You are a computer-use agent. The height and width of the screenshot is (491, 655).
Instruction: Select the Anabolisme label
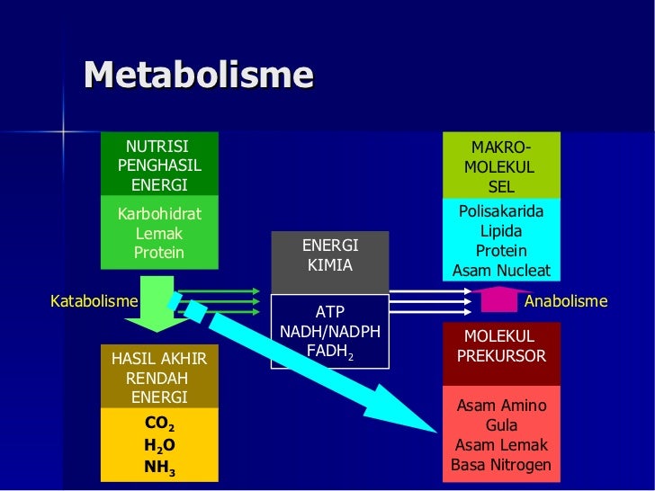point(566,301)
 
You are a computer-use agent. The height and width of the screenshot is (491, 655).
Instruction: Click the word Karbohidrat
point(159,214)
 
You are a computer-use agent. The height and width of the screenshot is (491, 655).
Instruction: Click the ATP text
point(330,312)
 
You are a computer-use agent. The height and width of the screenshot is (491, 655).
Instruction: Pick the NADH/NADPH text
point(330,332)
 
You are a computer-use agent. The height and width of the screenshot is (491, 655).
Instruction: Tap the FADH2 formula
point(330,351)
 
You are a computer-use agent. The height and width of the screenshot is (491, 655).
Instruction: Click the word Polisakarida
point(501,211)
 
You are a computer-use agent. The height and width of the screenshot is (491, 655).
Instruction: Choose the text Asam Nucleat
point(501,271)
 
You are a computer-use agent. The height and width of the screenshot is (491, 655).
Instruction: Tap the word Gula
point(501,425)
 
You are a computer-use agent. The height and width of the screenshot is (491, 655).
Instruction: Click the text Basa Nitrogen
point(501,465)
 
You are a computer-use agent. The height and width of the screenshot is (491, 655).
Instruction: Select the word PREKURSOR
point(501,356)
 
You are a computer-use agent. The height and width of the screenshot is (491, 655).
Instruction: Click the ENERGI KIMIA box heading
point(330,256)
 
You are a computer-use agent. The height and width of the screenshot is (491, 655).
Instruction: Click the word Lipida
point(501,231)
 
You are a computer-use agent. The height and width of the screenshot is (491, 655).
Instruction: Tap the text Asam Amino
point(501,406)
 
